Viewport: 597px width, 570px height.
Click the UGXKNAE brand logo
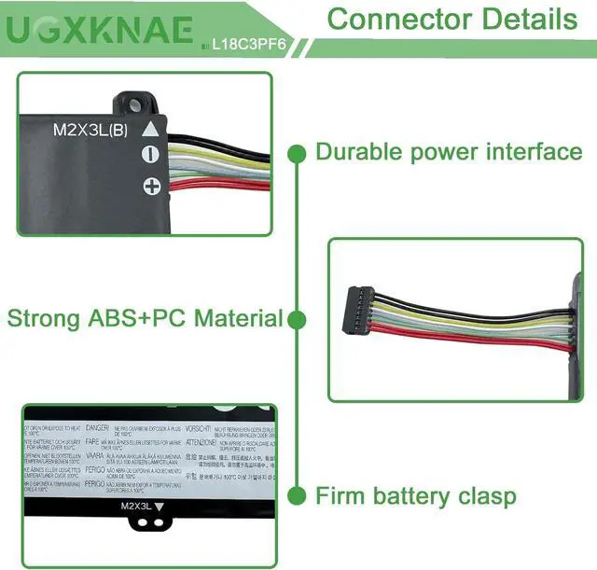tap(100, 31)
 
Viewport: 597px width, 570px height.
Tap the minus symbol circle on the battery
tap(150, 156)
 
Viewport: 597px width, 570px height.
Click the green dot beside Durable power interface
tap(297, 151)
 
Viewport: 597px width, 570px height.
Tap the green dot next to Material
tap(297, 319)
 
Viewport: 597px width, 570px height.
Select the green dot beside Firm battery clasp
tap(297, 494)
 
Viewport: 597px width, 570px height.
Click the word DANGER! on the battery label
tap(100, 427)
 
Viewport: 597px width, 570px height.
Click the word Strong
tap(42, 318)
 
